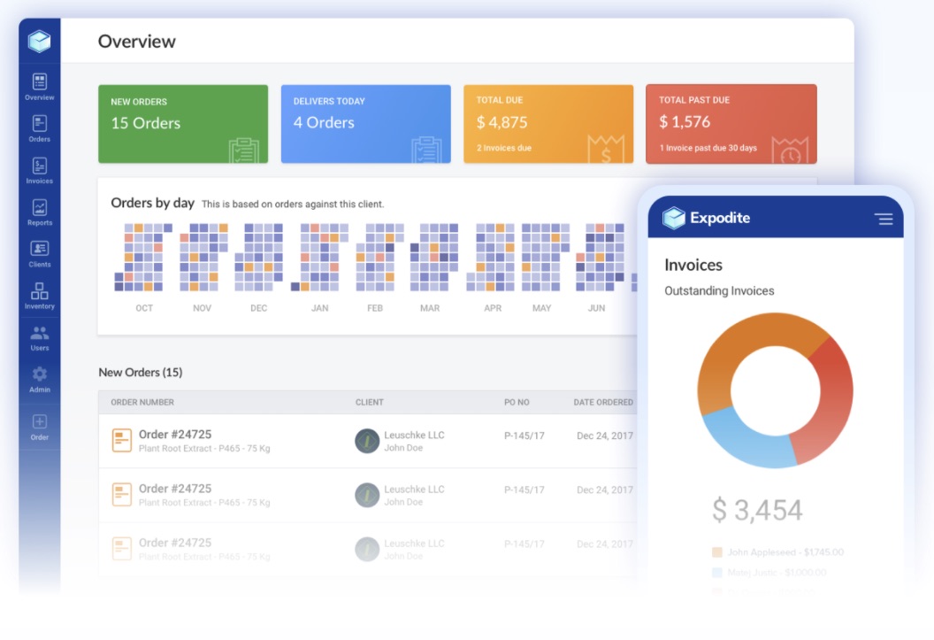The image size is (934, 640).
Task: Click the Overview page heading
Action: pyautogui.click(x=136, y=42)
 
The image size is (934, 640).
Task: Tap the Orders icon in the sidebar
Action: pyautogui.click(x=39, y=124)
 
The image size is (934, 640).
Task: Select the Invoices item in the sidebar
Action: pyautogui.click(x=39, y=166)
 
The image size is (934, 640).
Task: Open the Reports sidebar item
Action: pyautogui.click(x=39, y=208)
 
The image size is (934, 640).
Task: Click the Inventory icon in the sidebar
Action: pyautogui.click(x=39, y=291)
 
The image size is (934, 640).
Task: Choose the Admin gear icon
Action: pyautogui.click(x=39, y=374)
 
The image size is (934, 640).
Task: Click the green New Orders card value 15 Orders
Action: pyautogui.click(x=145, y=123)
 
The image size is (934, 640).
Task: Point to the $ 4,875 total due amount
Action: pyautogui.click(x=501, y=123)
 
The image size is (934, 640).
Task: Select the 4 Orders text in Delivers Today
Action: pyautogui.click(x=324, y=123)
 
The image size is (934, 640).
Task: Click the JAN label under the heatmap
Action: pyautogui.click(x=319, y=308)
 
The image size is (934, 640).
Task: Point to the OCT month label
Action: pyautogui.click(x=144, y=308)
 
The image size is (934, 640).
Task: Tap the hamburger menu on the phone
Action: pyautogui.click(x=883, y=219)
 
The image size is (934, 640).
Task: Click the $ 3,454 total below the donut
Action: pyautogui.click(x=757, y=510)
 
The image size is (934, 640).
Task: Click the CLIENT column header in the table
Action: pyautogui.click(x=369, y=402)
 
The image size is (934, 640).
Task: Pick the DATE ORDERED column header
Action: pyautogui.click(x=602, y=402)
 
